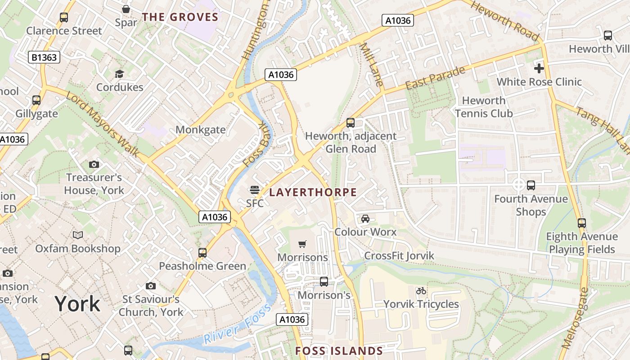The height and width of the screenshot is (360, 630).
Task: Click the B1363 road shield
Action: click(44, 57)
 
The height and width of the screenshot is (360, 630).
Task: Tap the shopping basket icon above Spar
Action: click(126, 9)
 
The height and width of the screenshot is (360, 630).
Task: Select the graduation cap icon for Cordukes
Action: click(119, 74)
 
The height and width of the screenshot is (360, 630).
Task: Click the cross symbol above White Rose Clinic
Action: click(539, 68)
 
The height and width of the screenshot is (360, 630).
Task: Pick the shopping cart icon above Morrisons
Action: click(302, 244)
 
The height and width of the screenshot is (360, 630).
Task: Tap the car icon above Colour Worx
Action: click(365, 219)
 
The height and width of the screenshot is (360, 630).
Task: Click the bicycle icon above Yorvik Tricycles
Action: click(421, 291)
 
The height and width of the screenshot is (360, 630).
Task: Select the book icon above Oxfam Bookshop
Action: click(78, 235)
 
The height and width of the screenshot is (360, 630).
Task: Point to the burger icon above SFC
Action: click(255, 190)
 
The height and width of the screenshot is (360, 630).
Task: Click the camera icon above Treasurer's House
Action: click(94, 164)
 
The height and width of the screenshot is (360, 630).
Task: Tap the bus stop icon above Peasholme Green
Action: click(202, 253)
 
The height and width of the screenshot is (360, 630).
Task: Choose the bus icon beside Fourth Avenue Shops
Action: click(531, 185)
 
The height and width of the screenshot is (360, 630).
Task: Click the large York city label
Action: click(77, 304)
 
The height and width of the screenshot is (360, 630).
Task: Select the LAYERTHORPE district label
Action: click(313, 193)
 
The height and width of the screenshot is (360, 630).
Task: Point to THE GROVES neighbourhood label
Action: click(180, 18)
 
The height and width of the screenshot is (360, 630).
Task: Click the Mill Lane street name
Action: click(372, 64)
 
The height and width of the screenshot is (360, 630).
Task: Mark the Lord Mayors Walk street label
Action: click(103, 125)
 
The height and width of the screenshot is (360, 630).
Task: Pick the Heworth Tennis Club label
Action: click(484, 107)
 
